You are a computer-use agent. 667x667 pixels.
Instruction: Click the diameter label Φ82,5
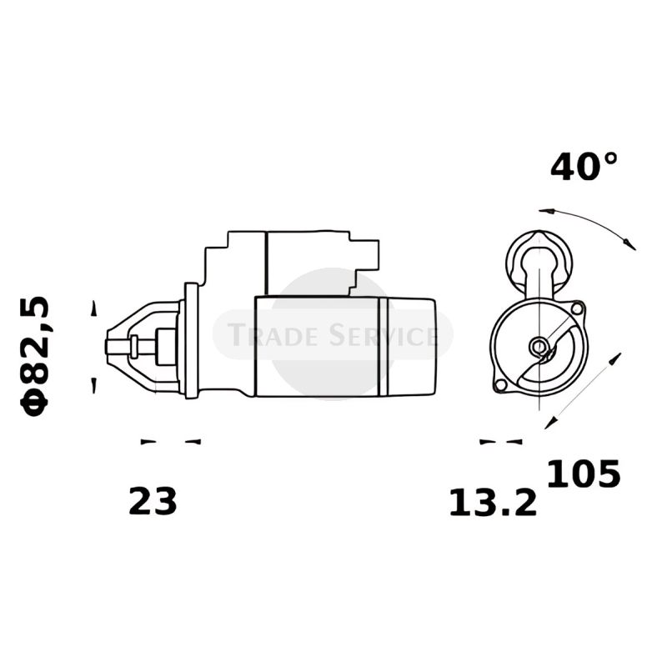[34, 356]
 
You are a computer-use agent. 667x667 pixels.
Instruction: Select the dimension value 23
[153, 502]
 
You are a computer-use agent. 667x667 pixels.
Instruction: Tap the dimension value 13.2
[493, 503]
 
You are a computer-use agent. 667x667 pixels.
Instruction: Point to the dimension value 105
[583, 473]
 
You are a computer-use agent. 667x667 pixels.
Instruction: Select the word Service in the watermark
[383, 334]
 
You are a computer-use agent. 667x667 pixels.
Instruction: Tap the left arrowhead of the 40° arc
[547, 211]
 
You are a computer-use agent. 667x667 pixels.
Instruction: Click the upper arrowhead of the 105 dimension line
[615, 359]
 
